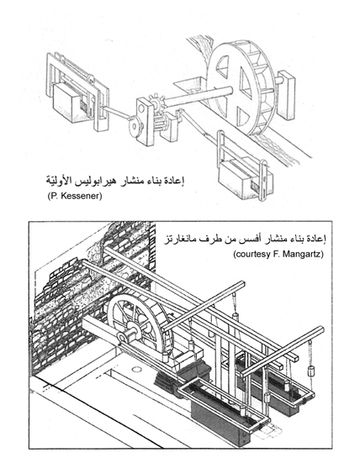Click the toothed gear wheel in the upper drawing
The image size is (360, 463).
(x=156, y=102)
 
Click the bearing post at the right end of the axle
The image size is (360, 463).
(x=286, y=94)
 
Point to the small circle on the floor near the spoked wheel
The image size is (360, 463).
(x=136, y=369)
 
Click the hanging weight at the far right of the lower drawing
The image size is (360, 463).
(x=310, y=371)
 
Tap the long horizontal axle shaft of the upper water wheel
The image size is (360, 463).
(x=197, y=96)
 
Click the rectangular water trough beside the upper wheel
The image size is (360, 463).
(x=189, y=83)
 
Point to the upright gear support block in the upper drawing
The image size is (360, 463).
(x=146, y=122)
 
